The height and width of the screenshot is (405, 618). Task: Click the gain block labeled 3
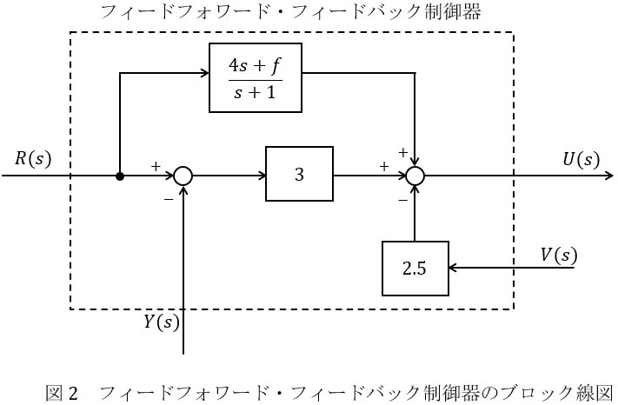299,175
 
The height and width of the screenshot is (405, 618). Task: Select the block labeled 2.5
415,269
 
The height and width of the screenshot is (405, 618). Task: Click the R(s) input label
33,159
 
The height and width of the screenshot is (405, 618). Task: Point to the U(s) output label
581,159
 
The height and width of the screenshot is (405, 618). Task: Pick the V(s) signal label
558,255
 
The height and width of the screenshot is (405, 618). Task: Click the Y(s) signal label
161,322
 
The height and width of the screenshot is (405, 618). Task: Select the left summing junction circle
183,176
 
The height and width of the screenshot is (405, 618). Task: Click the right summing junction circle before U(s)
415,176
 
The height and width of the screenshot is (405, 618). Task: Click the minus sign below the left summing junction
168,198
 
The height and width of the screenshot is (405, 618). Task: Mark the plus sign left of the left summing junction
156,164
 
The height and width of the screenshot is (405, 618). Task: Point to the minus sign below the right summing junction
402,200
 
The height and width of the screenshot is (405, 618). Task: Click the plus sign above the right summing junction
402,152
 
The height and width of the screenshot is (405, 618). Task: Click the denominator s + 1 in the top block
256,91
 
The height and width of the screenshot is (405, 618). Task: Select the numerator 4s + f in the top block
256,65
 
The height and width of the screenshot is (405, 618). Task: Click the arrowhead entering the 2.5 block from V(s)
452,269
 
